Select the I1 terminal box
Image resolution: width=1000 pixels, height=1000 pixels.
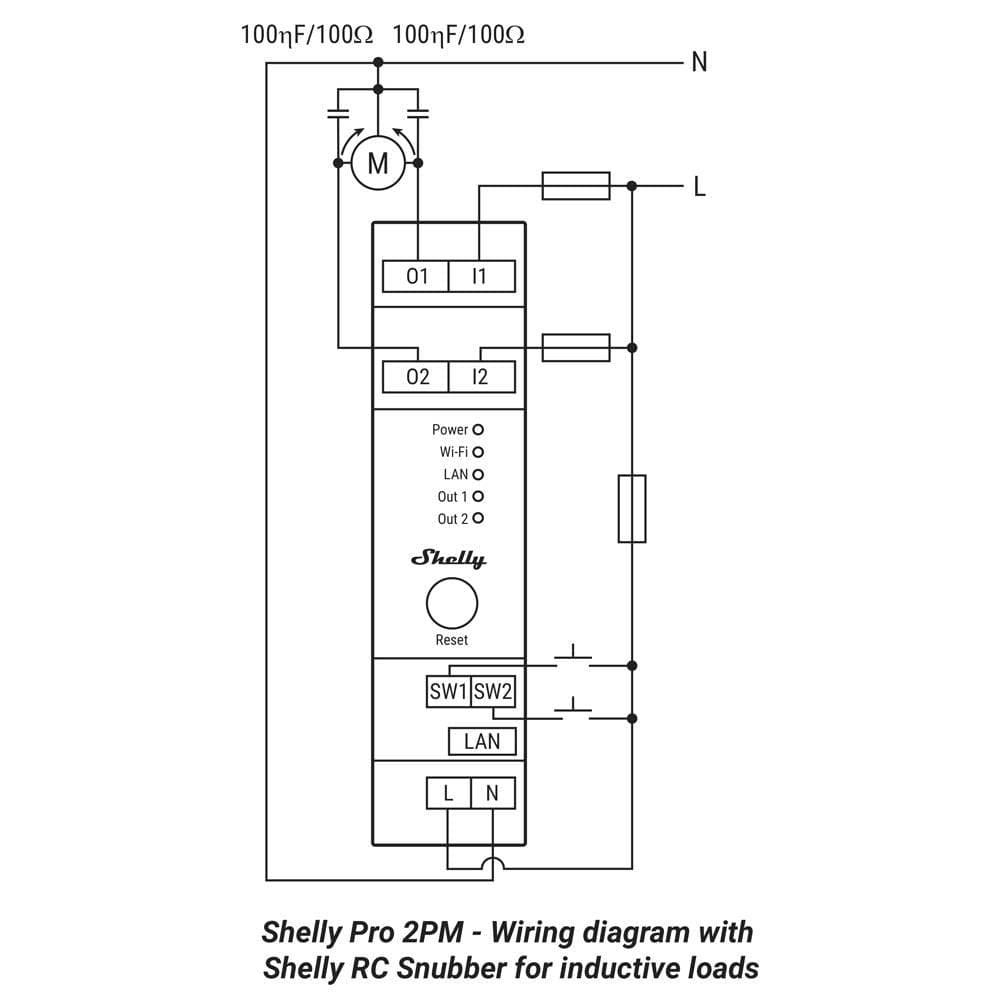[x=481, y=276]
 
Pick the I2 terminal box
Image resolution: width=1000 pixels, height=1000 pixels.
[x=481, y=377]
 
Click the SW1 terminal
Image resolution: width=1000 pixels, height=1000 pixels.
[x=448, y=691]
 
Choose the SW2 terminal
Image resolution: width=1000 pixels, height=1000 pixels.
[x=493, y=691]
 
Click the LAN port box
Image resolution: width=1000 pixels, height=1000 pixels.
[x=482, y=741]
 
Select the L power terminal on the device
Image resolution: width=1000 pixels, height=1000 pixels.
[x=448, y=793]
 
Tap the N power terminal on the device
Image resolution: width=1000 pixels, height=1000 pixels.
[x=493, y=793]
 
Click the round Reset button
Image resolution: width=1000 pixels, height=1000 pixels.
[x=452, y=603]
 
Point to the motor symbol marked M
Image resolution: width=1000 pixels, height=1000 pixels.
[x=377, y=163]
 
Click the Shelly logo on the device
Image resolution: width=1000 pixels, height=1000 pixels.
[x=450, y=559]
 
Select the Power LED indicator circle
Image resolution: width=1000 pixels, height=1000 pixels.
[x=478, y=429]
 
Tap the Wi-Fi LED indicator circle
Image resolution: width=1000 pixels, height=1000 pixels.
[x=478, y=452]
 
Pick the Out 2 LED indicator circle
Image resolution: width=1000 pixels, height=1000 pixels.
[x=478, y=518]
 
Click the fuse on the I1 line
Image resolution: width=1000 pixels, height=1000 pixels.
[x=575, y=185]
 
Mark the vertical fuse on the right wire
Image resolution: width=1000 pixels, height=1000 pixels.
[x=632, y=508]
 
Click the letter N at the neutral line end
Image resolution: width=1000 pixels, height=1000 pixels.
[x=699, y=62]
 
